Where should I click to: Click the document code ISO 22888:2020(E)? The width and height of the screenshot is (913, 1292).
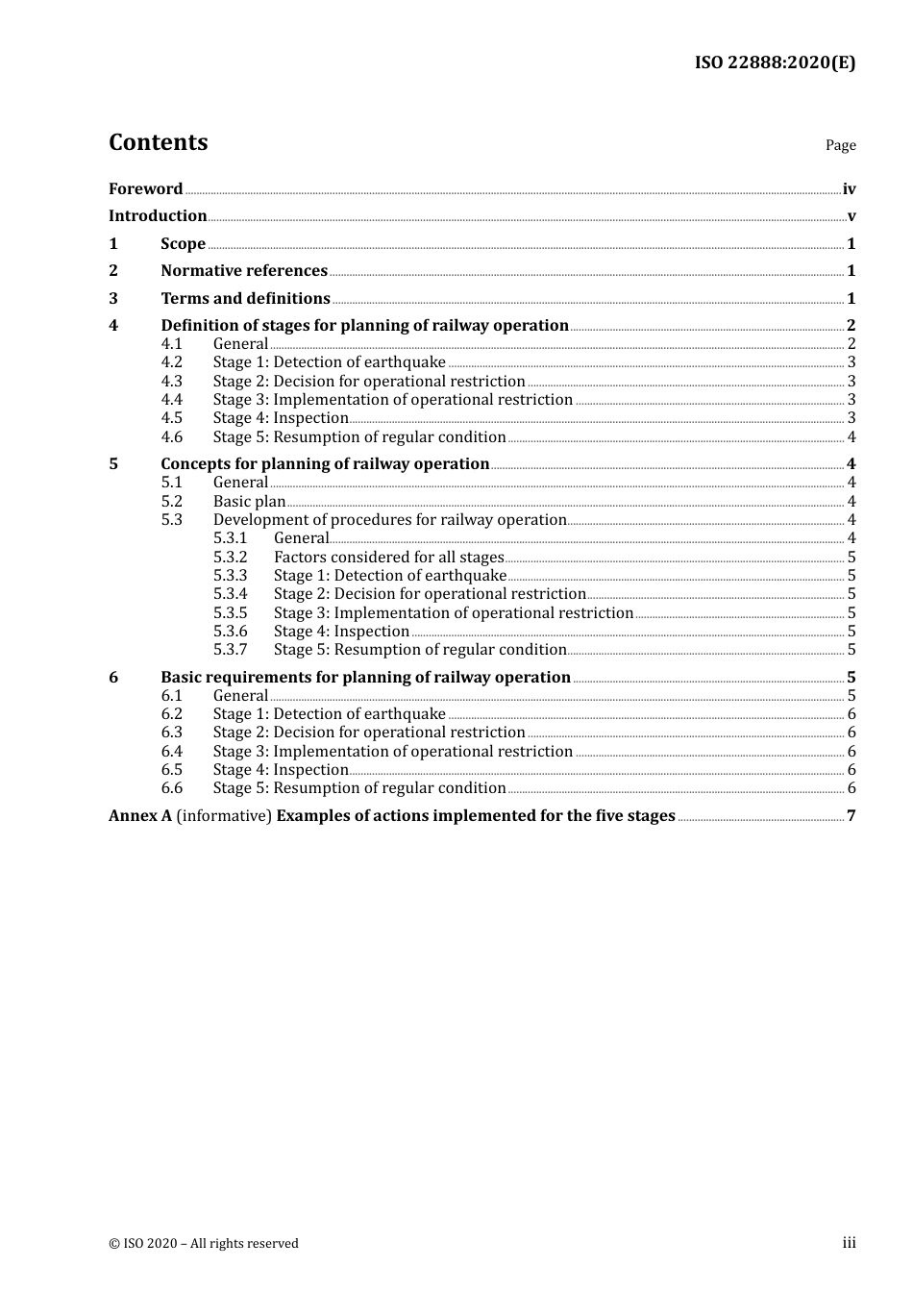click(775, 62)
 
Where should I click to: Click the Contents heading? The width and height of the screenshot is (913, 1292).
click(158, 142)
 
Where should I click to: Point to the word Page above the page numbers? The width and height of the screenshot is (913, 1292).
click(840, 145)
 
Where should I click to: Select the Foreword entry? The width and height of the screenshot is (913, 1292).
click(145, 188)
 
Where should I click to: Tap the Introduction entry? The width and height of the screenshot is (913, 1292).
click(158, 215)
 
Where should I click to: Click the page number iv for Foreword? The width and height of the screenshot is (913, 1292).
click(849, 189)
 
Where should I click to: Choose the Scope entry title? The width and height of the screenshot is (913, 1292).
click(183, 243)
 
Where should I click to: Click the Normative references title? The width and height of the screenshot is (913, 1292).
click(244, 270)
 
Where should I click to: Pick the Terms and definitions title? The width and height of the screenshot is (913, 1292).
click(245, 298)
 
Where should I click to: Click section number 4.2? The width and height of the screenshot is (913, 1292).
click(171, 362)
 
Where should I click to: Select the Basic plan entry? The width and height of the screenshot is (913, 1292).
click(249, 501)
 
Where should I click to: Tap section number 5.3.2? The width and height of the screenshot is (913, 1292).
click(230, 557)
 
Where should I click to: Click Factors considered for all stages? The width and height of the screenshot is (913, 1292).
click(388, 557)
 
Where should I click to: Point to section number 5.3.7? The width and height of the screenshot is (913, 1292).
click(230, 650)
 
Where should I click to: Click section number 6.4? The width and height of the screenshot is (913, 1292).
click(171, 751)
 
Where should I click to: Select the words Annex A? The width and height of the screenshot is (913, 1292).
click(140, 815)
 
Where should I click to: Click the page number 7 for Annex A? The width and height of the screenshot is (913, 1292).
click(851, 816)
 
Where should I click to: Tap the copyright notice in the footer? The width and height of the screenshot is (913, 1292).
click(204, 1243)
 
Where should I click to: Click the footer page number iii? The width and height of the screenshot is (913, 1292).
click(849, 1243)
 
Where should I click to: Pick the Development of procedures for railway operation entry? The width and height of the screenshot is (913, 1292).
click(389, 520)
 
